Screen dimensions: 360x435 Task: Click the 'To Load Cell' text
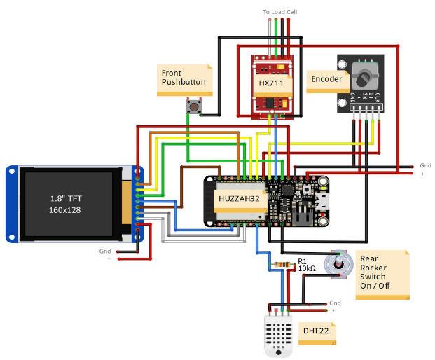tap(279, 12)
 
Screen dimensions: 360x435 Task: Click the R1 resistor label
tap(302, 261)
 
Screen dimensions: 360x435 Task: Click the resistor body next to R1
tap(282, 265)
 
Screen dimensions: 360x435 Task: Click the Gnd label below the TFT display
tap(105, 251)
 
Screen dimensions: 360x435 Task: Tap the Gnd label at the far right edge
tap(425, 166)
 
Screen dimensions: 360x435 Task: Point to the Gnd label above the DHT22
tap(335, 303)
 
